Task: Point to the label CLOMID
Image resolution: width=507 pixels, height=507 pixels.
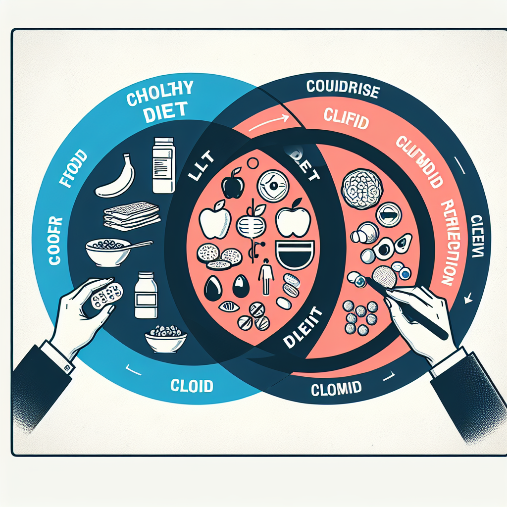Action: (336, 389)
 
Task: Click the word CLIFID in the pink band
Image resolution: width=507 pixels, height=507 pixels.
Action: (346, 119)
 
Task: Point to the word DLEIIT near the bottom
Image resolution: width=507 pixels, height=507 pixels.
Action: (302, 327)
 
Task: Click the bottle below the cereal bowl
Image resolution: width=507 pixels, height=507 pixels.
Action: (146, 295)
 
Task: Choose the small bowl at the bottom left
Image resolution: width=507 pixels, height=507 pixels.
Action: (165, 340)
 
